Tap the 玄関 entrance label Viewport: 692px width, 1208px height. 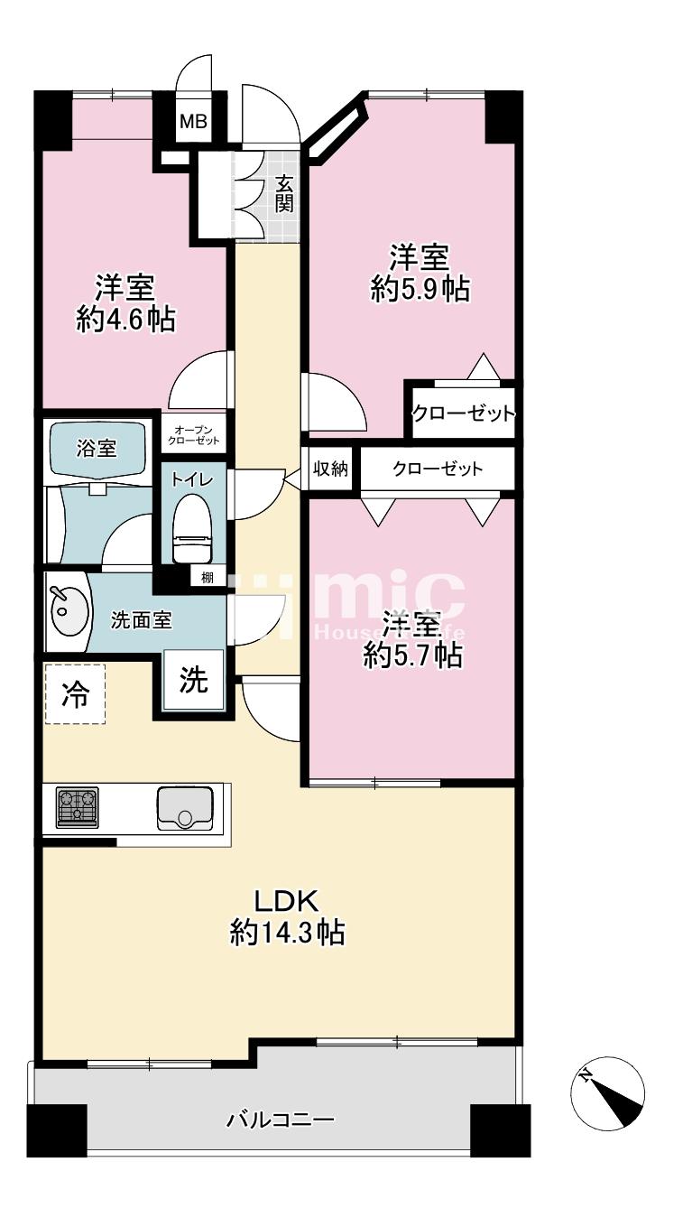click(284, 194)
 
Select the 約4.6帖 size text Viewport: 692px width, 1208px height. click(125, 321)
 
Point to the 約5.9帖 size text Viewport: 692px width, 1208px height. click(420, 290)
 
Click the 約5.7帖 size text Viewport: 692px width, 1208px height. click(413, 655)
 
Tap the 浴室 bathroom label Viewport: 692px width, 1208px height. click(97, 448)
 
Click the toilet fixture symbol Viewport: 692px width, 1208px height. click(193, 529)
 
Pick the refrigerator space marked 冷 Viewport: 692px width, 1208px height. click(74, 694)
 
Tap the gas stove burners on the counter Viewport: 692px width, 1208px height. click(78, 807)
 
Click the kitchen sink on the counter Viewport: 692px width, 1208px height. click(185, 808)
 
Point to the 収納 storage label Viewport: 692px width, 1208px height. click(330, 469)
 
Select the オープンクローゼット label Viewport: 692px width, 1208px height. click(193, 435)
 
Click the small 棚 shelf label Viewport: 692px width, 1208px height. click(207, 578)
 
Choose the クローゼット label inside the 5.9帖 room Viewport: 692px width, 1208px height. click(464, 414)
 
